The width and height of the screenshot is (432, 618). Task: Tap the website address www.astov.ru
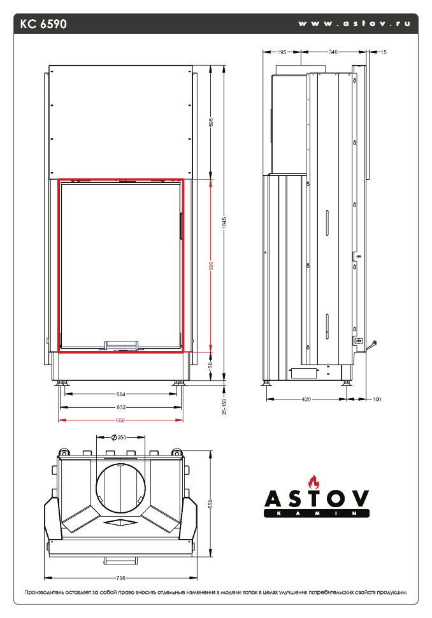354,24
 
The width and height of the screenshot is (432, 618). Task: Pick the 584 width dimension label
121,394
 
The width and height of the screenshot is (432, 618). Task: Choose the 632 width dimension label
121,407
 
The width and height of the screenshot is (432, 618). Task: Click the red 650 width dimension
121,420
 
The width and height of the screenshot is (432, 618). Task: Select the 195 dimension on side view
282,52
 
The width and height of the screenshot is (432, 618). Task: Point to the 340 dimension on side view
333,52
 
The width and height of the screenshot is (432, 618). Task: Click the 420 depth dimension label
306,399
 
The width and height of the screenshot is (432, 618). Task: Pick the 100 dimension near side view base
377,399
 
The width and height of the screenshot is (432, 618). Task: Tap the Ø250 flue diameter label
119,438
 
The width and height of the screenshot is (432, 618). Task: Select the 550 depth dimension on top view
211,503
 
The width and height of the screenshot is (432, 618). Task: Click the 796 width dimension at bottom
121,578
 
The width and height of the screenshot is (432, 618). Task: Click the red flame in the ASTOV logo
312,481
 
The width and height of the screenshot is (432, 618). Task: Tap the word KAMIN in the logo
317,513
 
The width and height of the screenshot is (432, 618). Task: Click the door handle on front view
121,345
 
